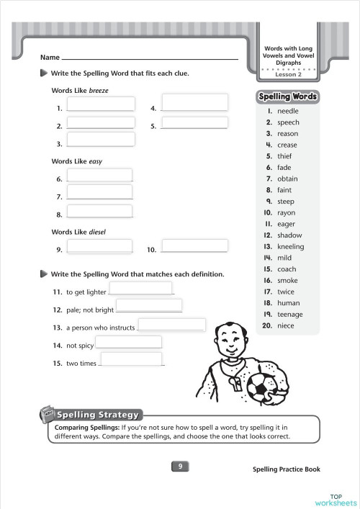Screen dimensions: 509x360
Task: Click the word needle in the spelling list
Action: click(287, 112)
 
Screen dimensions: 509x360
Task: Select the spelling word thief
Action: click(284, 156)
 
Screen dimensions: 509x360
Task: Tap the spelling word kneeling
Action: click(290, 246)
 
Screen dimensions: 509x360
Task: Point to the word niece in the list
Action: click(286, 325)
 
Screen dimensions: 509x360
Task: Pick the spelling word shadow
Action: click(289, 235)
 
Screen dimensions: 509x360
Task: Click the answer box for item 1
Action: click(101, 104)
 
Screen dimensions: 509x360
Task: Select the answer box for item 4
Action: click(194, 102)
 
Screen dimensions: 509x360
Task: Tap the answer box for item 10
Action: click(194, 246)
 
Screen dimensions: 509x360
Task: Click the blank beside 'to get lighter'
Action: click(140, 288)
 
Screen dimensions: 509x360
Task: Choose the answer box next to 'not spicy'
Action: click(128, 342)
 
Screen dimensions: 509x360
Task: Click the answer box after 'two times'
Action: click(131, 359)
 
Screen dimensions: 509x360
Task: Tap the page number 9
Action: click(180, 467)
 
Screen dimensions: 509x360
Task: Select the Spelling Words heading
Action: click(287, 96)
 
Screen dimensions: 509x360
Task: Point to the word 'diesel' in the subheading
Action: click(97, 232)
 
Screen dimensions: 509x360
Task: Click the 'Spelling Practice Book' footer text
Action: click(286, 469)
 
